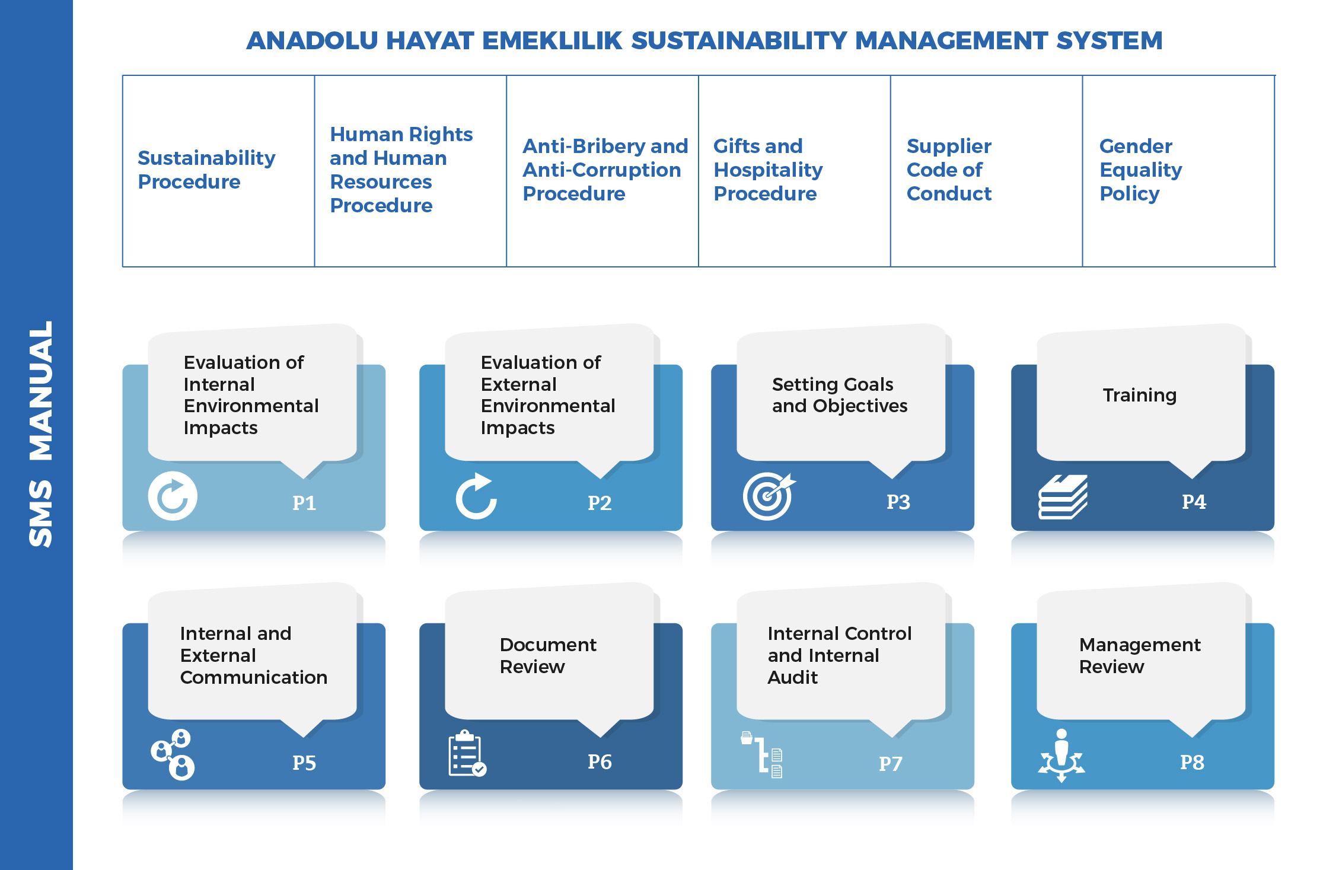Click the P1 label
click(x=304, y=503)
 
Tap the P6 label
click(x=600, y=762)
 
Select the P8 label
click(x=1192, y=762)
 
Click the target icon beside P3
click(x=769, y=496)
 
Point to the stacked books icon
click(x=1063, y=497)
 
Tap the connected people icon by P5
click(x=173, y=754)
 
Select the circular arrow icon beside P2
click(x=476, y=496)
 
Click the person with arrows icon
click(x=1061, y=756)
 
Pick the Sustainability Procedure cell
click(x=206, y=170)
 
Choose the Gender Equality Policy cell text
click(x=1140, y=170)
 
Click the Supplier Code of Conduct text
click(x=949, y=170)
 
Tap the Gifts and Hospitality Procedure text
click(x=768, y=170)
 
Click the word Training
click(x=1139, y=395)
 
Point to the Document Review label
click(x=548, y=655)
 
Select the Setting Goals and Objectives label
click(x=840, y=395)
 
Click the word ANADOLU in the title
click(x=312, y=41)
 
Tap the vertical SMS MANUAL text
click(x=41, y=434)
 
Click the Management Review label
click(x=1140, y=655)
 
